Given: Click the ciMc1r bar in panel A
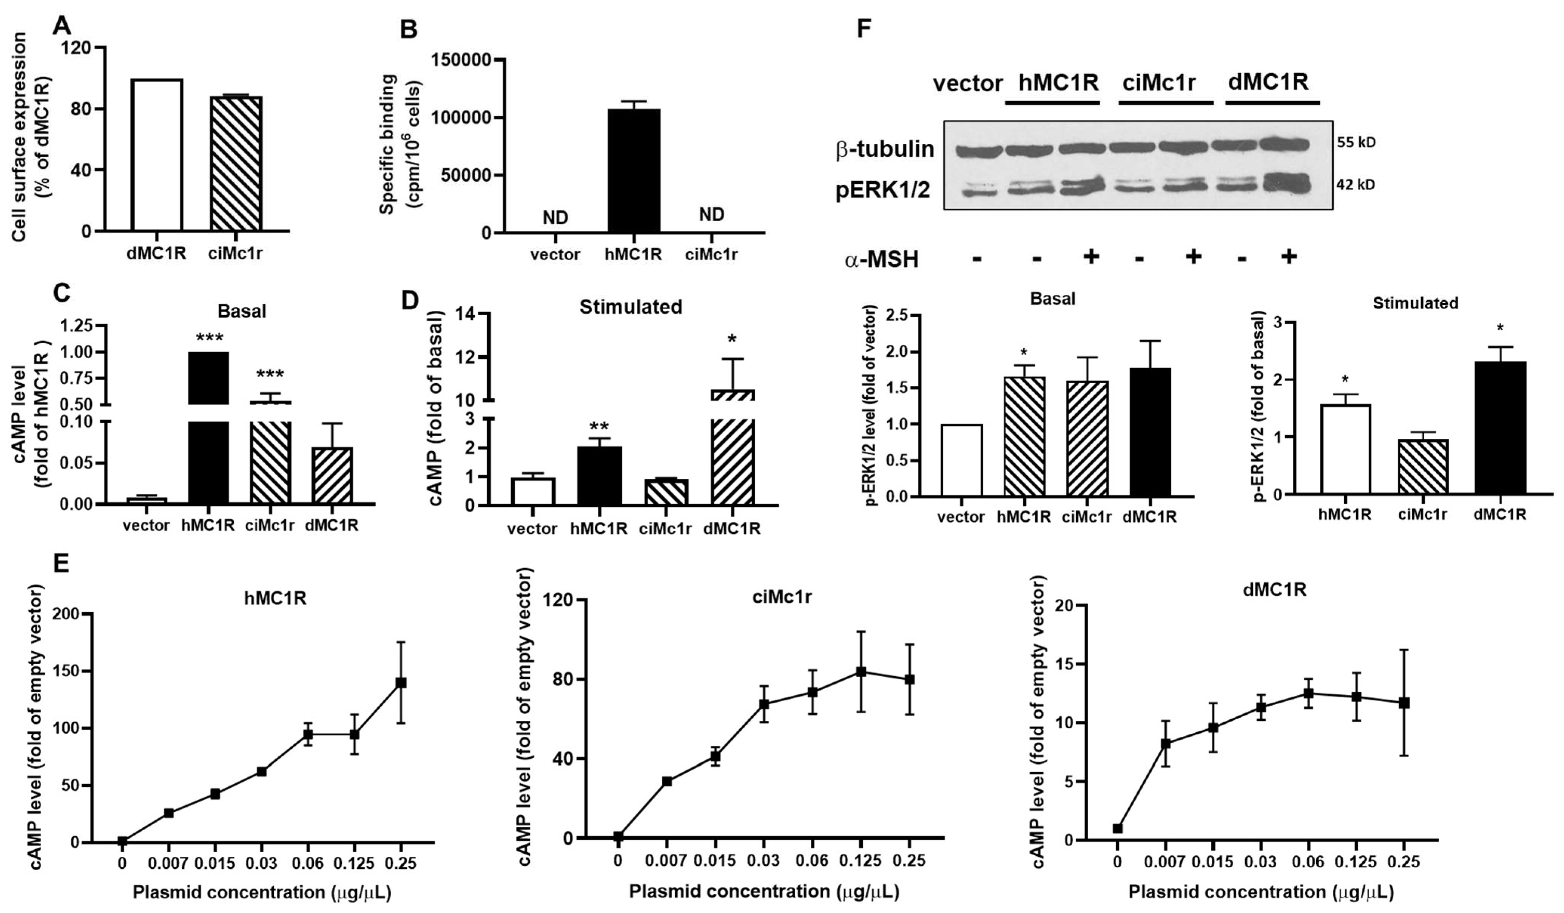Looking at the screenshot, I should tap(236, 164).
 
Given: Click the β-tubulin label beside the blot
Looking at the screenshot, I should tap(884, 150).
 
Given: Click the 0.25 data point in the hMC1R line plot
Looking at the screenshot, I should tap(401, 683).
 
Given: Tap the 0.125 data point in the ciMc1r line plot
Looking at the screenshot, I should tap(861, 672).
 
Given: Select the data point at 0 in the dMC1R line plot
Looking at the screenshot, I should tap(1118, 828).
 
